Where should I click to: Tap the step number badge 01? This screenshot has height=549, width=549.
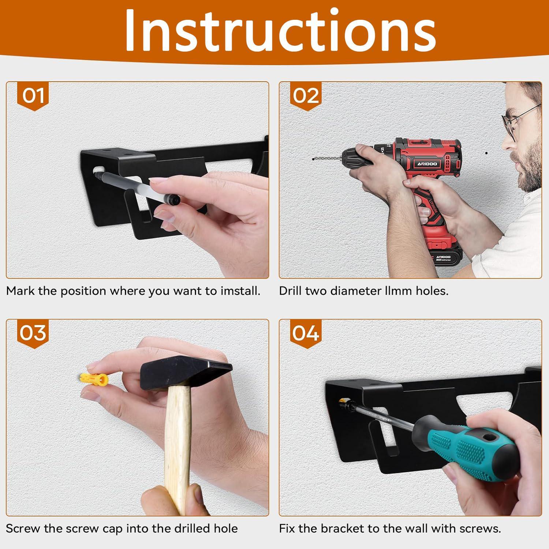(x=33, y=96)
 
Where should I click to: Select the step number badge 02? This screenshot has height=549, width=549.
(x=306, y=96)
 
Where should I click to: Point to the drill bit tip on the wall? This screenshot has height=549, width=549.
(x=314, y=160)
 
